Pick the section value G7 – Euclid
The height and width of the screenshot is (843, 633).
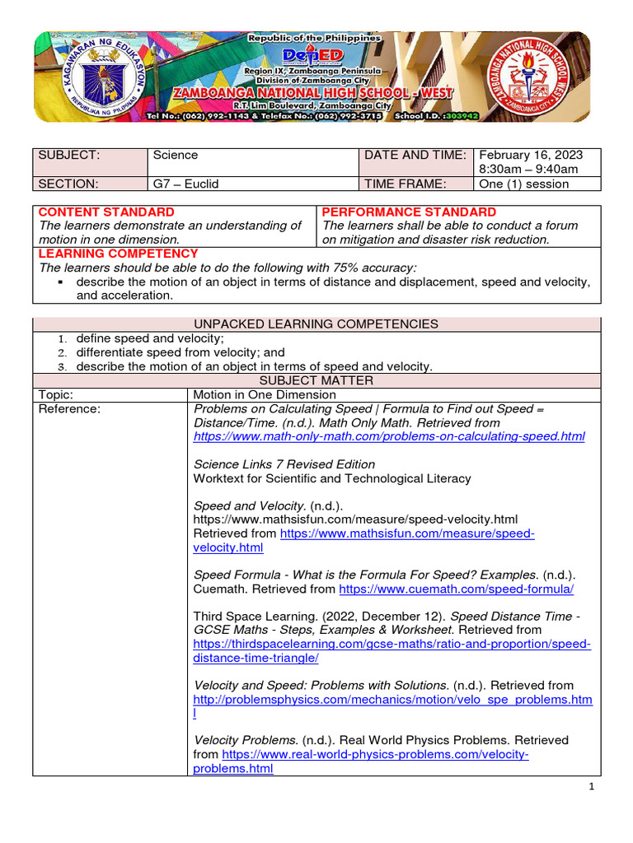[185, 184]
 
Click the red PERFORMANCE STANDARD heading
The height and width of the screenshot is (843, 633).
[410, 212]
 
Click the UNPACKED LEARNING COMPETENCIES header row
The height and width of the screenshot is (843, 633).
[316, 324]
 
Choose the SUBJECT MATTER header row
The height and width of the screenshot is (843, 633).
[316, 380]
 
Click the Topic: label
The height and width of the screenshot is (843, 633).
[56, 394]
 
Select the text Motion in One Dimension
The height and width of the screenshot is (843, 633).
[265, 394]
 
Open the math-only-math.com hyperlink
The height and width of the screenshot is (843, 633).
[389, 436]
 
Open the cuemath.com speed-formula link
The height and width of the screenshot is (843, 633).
[456, 589]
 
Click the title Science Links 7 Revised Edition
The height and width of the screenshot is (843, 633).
[284, 464]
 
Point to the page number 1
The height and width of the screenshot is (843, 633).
[592, 787]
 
